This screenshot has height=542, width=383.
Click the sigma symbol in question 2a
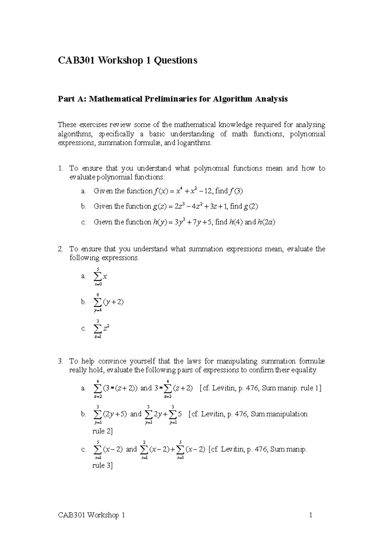tap(97, 276)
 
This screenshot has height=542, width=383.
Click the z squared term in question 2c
tap(107, 328)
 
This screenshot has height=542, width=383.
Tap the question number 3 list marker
tap(61, 361)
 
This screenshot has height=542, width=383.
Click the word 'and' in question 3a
tap(146, 388)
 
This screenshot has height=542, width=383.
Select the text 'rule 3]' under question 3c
tap(102, 465)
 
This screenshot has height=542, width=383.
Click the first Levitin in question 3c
tap(231, 449)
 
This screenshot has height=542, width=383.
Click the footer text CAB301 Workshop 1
tap(91, 515)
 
